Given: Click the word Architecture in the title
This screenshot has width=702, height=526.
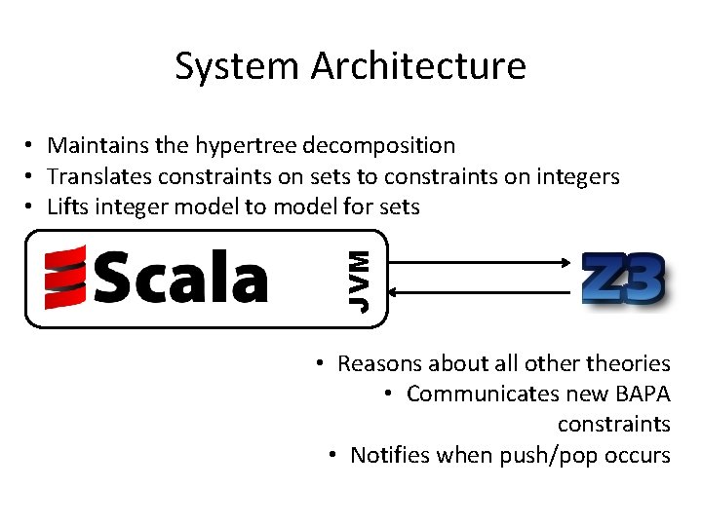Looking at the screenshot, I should point(419,66).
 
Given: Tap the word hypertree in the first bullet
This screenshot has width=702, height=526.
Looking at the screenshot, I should point(246,146).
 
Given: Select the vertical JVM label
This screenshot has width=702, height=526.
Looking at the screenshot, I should point(359,281).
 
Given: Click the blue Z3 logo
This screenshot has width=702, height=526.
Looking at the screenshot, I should point(624,280).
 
